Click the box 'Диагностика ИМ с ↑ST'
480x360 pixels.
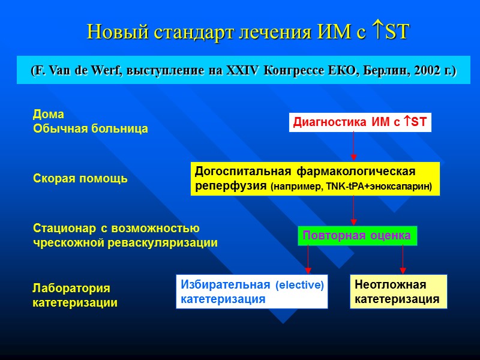point(360,122)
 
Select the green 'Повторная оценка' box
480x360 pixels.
point(356,236)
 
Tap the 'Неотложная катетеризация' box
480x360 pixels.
point(398,292)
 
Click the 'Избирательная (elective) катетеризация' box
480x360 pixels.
point(252,292)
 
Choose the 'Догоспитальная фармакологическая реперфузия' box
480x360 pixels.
point(315,179)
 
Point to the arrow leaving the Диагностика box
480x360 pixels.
point(353,147)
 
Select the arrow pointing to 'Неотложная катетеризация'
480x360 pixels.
point(402,259)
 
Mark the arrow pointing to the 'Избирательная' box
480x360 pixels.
point(308,259)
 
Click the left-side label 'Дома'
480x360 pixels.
point(47,114)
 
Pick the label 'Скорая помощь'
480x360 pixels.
point(79,179)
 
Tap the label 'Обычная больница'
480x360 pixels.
point(90,129)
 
